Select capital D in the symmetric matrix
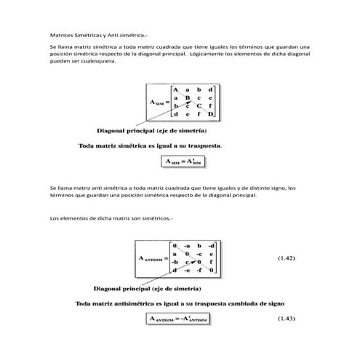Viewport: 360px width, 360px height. [x=212, y=115]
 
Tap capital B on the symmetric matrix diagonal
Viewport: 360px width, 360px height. [x=188, y=97]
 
